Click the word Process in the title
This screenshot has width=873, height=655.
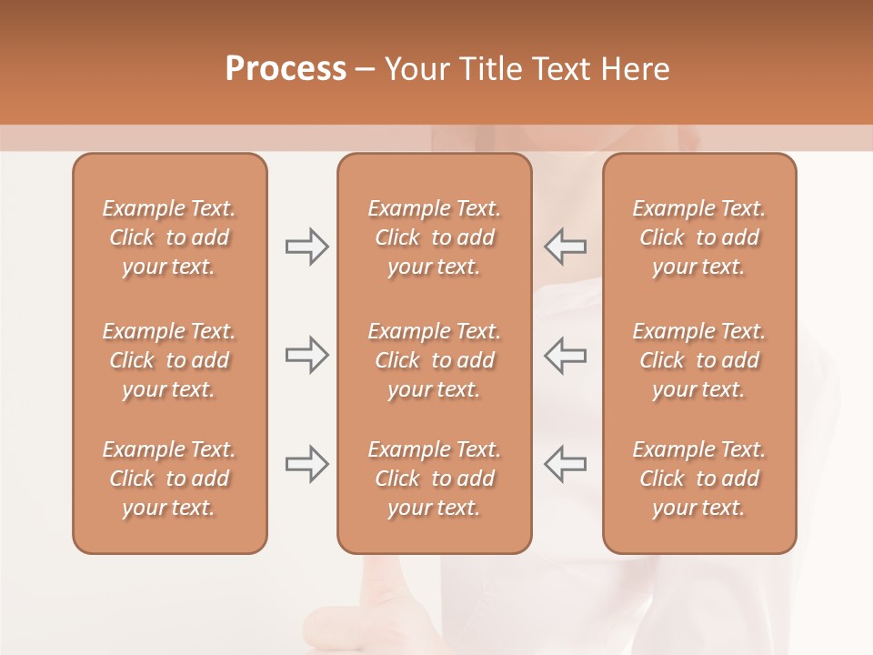pos(286,69)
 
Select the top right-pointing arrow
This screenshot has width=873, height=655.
pos(306,247)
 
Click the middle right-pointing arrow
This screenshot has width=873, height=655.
pos(306,355)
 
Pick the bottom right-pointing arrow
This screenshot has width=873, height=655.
pos(306,464)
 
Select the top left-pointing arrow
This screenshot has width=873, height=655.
pos(565,247)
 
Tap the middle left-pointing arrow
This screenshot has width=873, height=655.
pos(565,355)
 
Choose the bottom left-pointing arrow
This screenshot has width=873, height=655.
pos(565,464)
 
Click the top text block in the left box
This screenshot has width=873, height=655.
pos(169,237)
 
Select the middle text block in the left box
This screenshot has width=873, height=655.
pos(169,360)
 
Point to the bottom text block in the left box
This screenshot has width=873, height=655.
pos(169,479)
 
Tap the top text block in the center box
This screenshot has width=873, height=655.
pos(434,237)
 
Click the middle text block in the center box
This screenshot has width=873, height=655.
pos(434,360)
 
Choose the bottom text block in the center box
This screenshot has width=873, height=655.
pos(434,479)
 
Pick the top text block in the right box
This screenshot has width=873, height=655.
pos(698,237)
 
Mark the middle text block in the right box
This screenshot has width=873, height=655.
pos(698,360)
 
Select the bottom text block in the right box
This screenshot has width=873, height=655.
pos(698,479)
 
